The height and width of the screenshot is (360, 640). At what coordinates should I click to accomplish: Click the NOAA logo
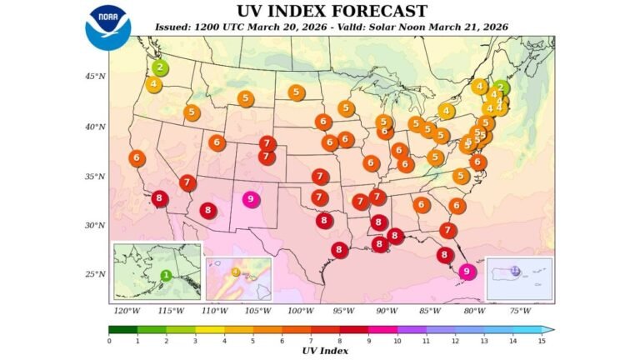coord(107,27)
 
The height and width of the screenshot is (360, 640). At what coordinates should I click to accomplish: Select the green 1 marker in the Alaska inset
coord(166,275)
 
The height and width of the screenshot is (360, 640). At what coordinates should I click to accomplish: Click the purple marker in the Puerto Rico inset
coord(515,270)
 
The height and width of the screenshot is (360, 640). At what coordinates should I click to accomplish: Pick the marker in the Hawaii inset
coord(236,272)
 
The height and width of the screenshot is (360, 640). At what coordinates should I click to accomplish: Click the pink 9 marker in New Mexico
coord(251,199)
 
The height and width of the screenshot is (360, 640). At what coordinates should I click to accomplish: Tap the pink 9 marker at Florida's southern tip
coord(467,271)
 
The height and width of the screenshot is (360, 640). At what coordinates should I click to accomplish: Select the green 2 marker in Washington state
coord(160,67)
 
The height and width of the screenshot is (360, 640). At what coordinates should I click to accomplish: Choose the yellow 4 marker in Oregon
coord(154,84)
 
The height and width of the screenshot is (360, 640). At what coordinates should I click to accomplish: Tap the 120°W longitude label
coord(127,311)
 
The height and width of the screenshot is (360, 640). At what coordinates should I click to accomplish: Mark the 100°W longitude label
coord(300,311)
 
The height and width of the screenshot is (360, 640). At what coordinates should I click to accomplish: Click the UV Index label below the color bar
coord(325,350)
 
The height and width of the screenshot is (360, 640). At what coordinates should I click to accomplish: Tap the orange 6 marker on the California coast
coord(137,157)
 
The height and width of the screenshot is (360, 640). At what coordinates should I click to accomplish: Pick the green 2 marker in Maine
coord(501,87)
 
